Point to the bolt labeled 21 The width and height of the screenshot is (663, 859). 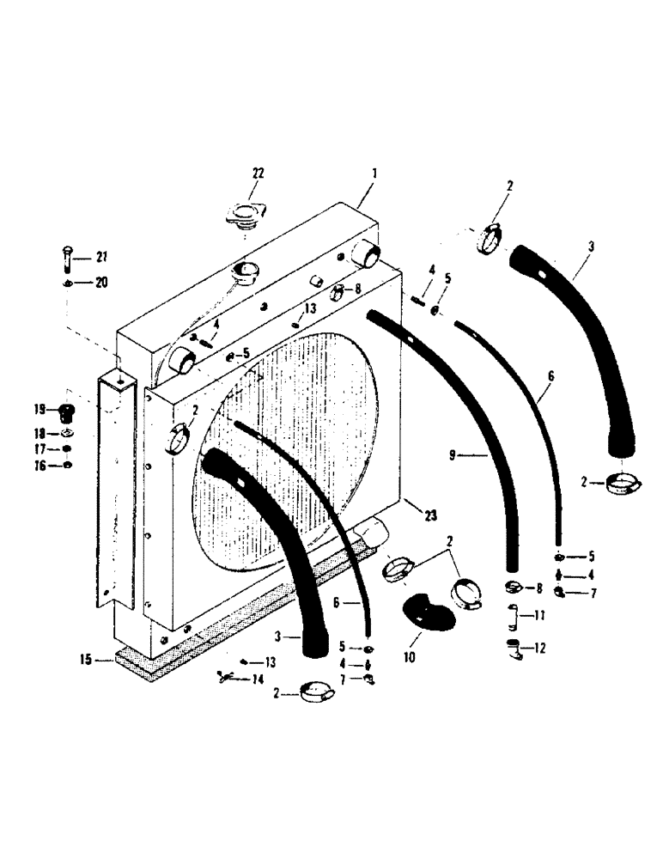[68, 256]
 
